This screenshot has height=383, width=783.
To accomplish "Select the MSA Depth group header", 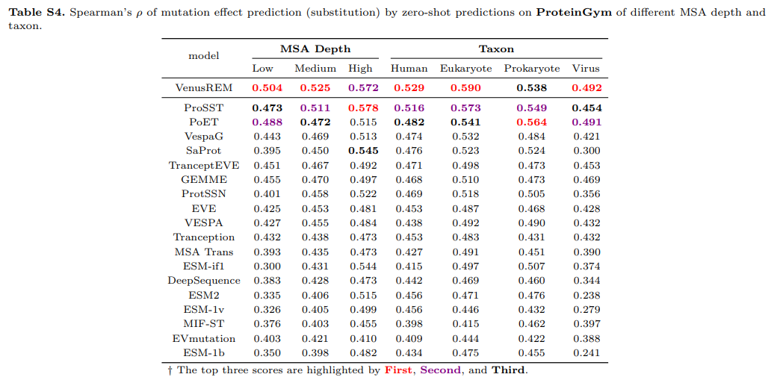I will pos(315,49).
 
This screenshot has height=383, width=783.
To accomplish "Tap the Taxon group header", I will pos(496,49).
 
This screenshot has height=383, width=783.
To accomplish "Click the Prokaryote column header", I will pos(531,68).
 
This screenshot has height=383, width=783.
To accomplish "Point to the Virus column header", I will pos(586,68).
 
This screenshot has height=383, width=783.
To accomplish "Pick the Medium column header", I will pos(315,68).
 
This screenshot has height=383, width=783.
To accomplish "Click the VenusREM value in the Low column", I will pos(267,87).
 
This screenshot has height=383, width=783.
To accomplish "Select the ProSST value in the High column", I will pos(363,108).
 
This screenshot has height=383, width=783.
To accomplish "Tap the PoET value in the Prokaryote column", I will pos(531,122).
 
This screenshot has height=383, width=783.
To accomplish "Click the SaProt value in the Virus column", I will pos(587,151).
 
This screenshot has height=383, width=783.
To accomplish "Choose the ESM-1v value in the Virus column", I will pos(587,309).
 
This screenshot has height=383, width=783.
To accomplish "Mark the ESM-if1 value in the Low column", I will pos(267,266).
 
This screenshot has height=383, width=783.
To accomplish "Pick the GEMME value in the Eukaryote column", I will pos(465,179).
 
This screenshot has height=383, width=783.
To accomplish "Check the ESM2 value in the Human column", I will pos(409,295).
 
